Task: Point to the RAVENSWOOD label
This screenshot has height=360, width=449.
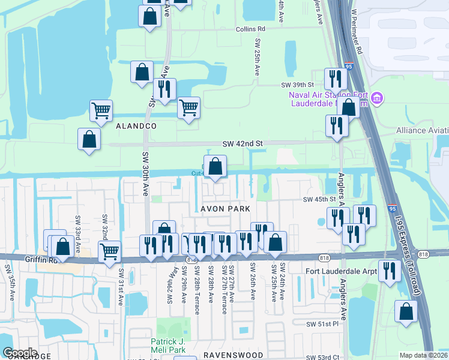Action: pyautogui.click(x=234, y=355)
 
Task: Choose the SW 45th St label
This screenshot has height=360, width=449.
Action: pyautogui.click(x=317, y=199)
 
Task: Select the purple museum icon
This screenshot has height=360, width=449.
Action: pyautogui.click(x=377, y=98)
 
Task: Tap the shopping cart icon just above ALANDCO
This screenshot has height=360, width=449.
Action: pyautogui.click(x=101, y=110)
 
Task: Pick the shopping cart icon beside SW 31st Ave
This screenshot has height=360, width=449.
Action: pyautogui.click(x=109, y=251)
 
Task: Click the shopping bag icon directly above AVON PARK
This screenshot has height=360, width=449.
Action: pyautogui.click(x=215, y=166)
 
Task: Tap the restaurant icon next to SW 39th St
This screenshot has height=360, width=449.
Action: pyautogui.click(x=335, y=79)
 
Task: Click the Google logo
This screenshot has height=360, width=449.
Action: pyautogui.click(x=20, y=353)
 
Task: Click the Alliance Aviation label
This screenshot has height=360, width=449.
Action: pyautogui.click(x=423, y=130)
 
